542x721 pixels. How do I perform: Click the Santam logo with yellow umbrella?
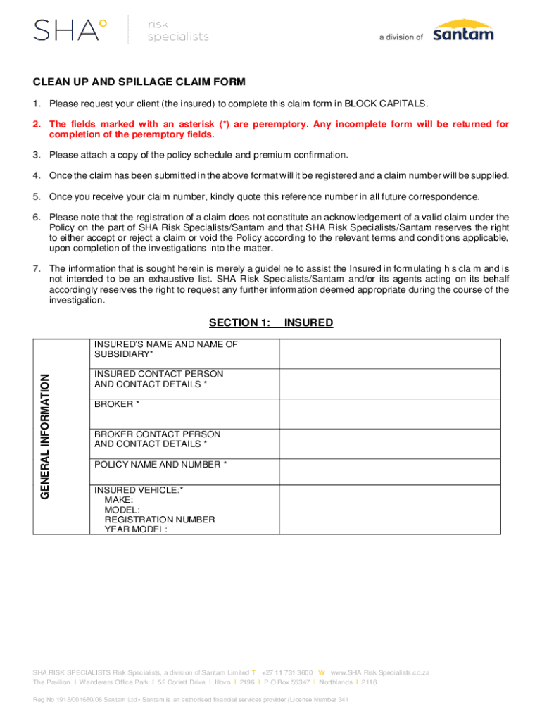point(463,30)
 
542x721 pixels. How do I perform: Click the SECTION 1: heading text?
point(239,322)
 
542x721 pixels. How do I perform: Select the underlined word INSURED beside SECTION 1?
point(308,322)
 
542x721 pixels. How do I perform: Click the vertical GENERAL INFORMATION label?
point(44,437)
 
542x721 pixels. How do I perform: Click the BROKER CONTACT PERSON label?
point(157,434)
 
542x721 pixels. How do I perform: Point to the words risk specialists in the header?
point(177,30)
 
